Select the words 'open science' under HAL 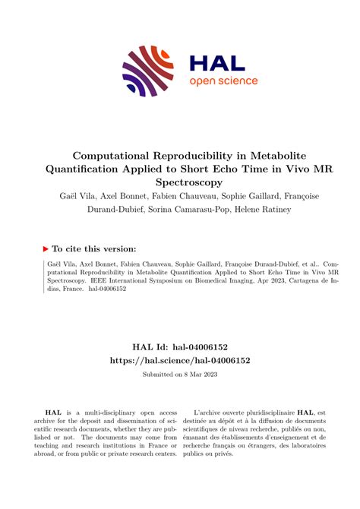[x=223, y=81]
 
